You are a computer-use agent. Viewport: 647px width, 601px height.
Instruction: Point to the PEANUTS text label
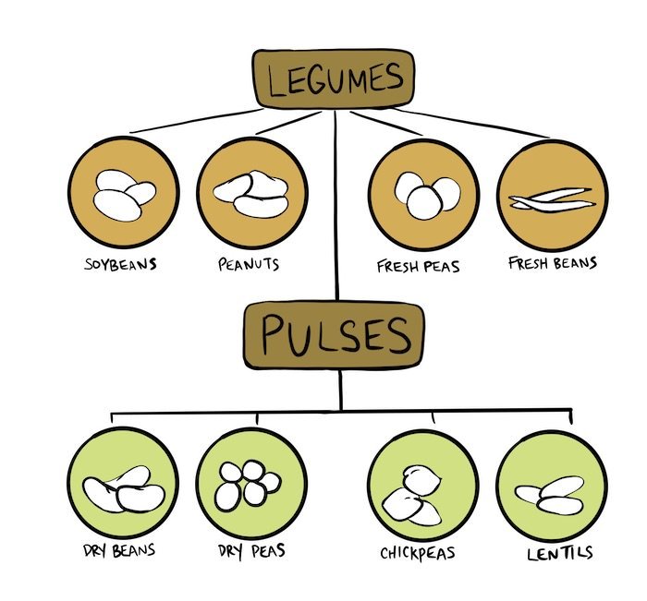point(247,264)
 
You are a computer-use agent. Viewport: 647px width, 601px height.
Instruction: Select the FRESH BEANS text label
point(553,263)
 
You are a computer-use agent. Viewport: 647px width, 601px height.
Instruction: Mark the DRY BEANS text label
point(116,552)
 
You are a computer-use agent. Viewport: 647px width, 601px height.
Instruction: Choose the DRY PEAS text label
point(250,552)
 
